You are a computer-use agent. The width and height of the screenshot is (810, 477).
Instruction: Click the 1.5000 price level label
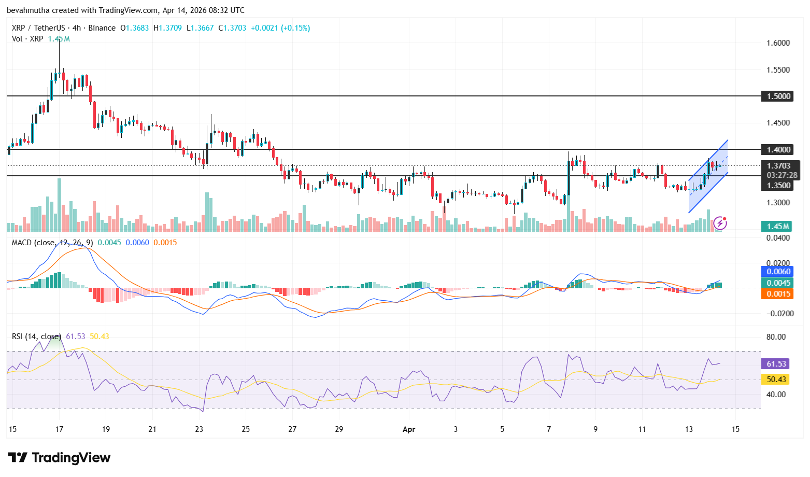pos(778,96)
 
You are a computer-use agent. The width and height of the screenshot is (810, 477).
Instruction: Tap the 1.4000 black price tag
pos(778,149)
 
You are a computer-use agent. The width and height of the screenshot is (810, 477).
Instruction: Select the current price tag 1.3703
pos(779,166)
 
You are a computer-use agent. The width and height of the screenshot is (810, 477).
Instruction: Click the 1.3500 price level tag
pos(778,185)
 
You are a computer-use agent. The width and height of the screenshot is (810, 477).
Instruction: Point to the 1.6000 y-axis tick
pos(778,43)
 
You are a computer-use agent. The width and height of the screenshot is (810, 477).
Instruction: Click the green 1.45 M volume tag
pos(778,226)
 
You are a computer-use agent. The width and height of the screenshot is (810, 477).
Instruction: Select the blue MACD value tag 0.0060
pos(778,271)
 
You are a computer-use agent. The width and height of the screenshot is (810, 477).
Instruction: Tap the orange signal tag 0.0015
pos(778,294)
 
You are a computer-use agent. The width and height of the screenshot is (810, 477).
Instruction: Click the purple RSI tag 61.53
pos(777,364)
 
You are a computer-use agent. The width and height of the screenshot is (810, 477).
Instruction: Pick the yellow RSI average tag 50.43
pos(777,380)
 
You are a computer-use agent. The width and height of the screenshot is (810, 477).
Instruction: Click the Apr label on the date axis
pos(409,429)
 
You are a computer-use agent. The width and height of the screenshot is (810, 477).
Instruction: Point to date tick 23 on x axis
pos(199,429)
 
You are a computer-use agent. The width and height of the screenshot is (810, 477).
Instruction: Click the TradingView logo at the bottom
pos(59,457)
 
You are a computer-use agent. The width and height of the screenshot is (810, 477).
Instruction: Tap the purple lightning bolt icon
pos(720,223)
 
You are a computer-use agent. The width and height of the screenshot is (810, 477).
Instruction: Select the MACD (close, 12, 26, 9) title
pos(52,243)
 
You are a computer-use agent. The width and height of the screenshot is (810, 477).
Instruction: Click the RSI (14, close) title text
pos(36,336)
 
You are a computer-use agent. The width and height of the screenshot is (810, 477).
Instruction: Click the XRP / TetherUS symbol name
pos(38,28)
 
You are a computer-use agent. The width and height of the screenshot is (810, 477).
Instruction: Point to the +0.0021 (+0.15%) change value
pos(280,28)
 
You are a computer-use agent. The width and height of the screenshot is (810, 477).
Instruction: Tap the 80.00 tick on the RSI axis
pos(776,336)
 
